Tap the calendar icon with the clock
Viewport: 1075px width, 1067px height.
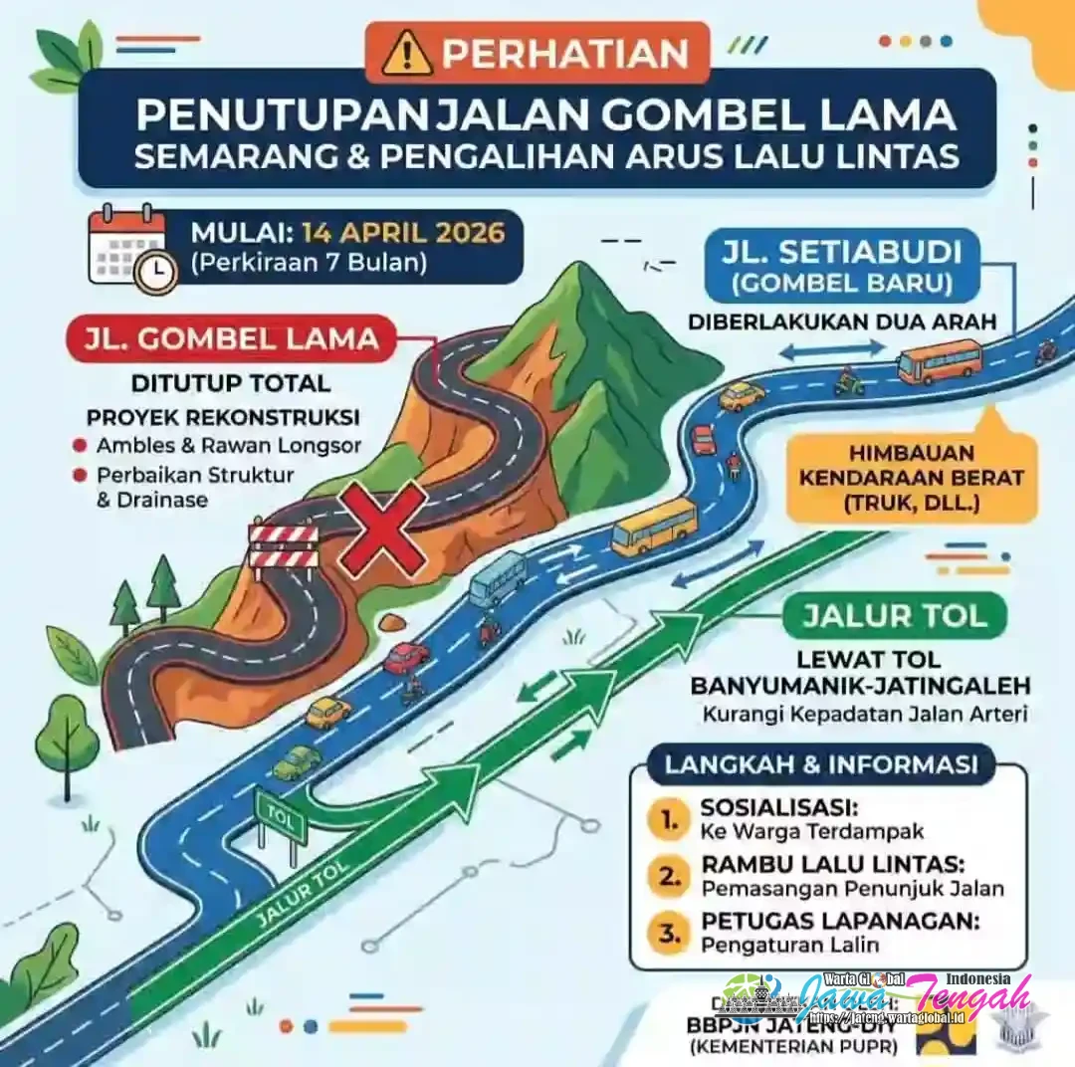pyautogui.click(x=130, y=249)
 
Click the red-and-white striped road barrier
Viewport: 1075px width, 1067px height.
pyautogui.click(x=284, y=546)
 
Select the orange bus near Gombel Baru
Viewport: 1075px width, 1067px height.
pyautogui.click(x=938, y=361)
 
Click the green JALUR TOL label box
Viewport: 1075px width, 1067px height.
pyautogui.click(x=894, y=615)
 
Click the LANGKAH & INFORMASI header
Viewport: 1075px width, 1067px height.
pyautogui.click(x=821, y=765)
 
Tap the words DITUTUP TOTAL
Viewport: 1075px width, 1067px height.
pyautogui.click(x=230, y=383)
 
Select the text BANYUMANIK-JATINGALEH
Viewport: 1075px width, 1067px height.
pyautogui.click(x=860, y=687)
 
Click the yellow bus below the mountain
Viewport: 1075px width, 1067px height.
pyautogui.click(x=653, y=526)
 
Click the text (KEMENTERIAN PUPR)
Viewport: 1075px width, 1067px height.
pyautogui.click(x=791, y=1046)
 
